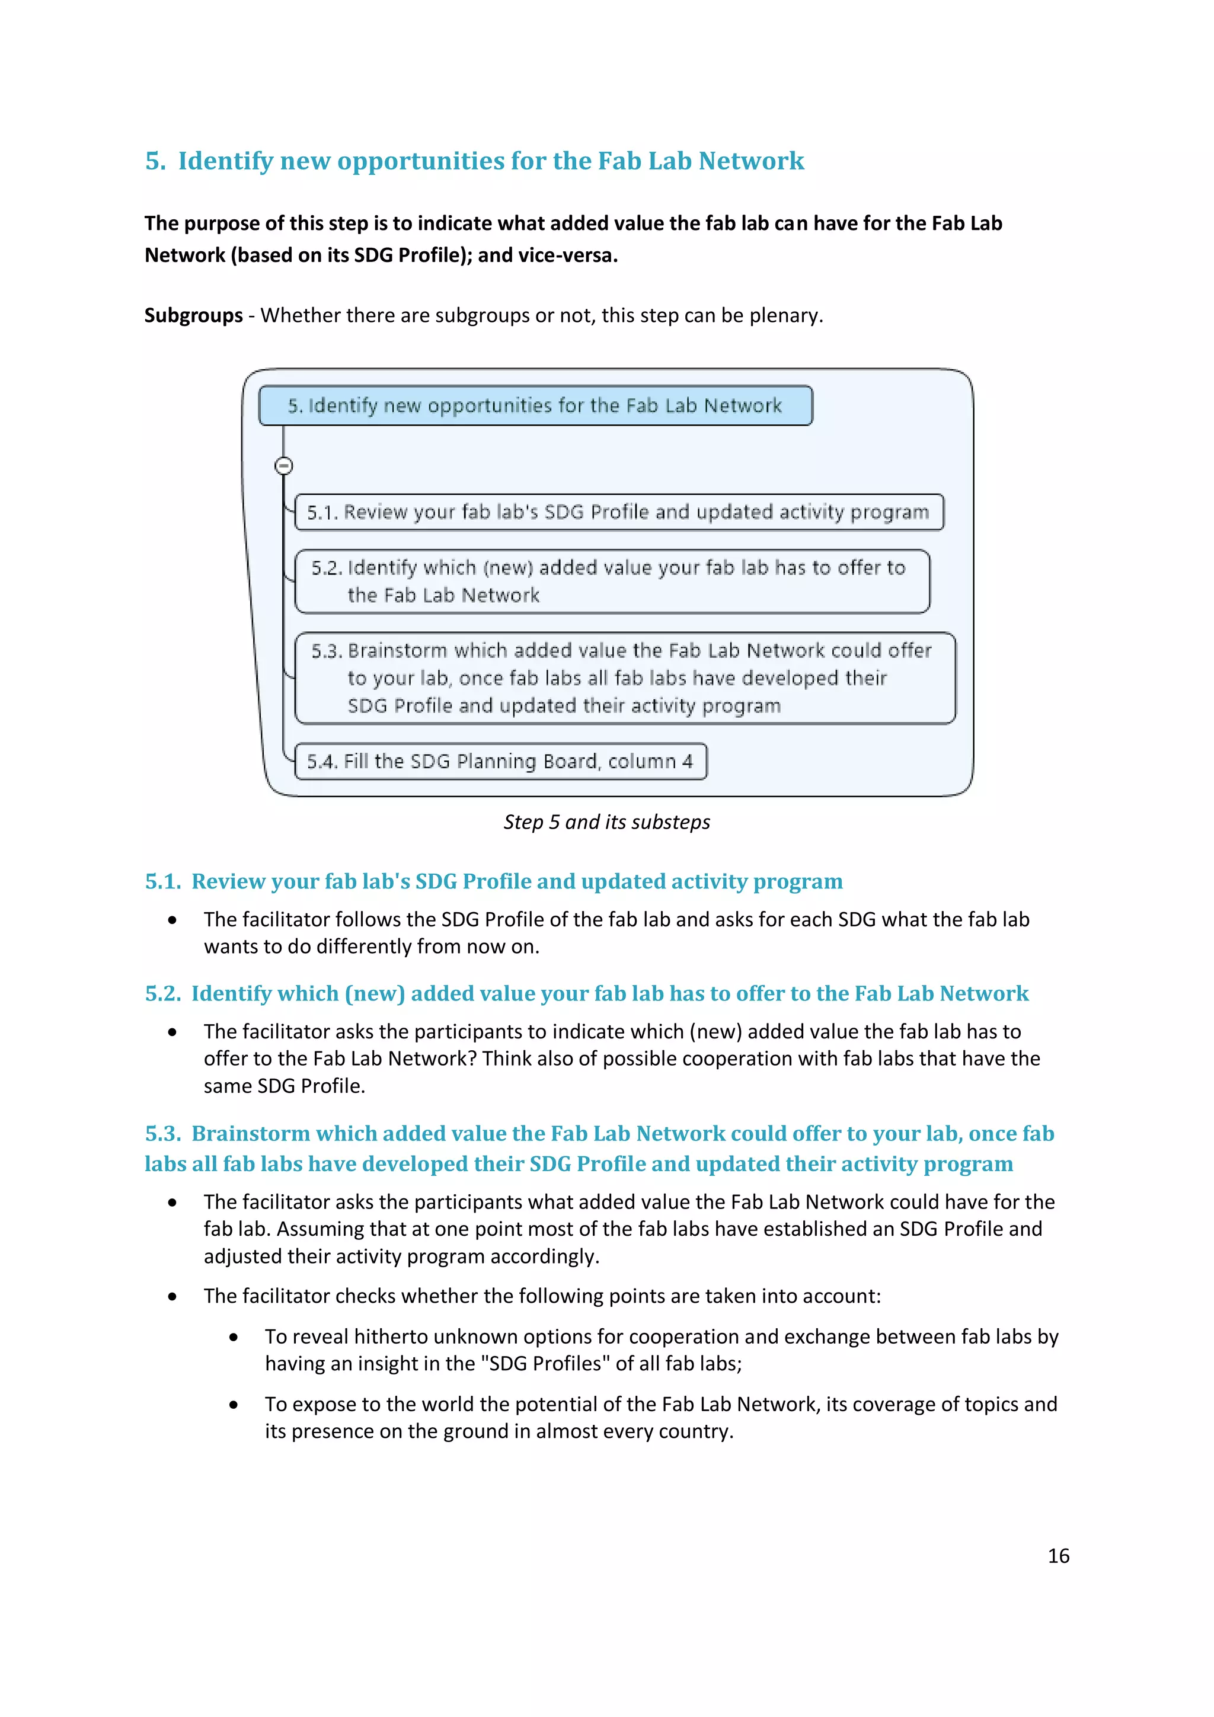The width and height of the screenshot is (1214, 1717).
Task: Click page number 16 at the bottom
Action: coord(1058,1555)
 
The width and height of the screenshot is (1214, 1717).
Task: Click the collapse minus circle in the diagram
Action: coord(283,466)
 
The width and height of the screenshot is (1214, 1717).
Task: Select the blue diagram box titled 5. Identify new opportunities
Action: coord(535,405)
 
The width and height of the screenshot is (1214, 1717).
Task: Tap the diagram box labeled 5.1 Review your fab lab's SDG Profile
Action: coord(619,512)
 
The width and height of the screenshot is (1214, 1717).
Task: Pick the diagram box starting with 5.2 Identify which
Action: coord(612,581)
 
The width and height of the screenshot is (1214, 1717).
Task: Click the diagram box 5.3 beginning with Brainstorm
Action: coord(625,677)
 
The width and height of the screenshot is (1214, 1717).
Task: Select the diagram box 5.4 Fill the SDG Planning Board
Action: coord(500,761)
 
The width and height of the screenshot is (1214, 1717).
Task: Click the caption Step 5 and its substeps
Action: coord(606,822)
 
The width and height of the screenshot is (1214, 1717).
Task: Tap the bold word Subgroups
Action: coord(193,315)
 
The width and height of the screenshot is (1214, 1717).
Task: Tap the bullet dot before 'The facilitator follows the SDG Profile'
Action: coord(172,920)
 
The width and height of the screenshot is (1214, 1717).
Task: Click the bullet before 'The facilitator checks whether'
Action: coord(172,1297)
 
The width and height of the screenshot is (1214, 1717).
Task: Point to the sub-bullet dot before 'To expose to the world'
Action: coord(234,1405)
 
